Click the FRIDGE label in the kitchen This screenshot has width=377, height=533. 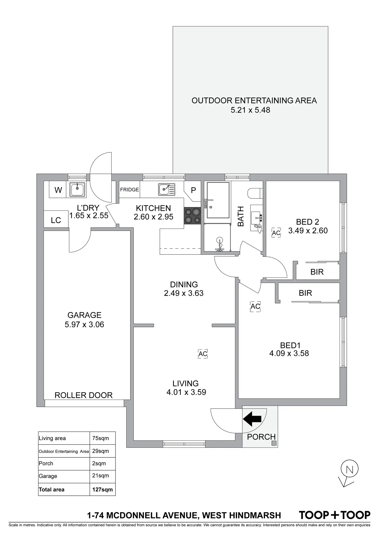coord(130,190)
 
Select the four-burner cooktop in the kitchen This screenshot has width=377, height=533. coord(193,216)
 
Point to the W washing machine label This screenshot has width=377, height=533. coord(58,190)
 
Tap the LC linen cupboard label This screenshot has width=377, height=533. coord(56,220)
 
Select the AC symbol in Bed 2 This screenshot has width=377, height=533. coord(276,233)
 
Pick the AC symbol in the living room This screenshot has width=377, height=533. coord(203,354)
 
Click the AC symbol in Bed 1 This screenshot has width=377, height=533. coord(255,306)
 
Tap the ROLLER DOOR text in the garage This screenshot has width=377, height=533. coord(83,395)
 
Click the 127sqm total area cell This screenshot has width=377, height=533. coord(102,489)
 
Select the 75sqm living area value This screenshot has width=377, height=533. coord(100,438)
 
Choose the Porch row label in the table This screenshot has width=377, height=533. coord(46,463)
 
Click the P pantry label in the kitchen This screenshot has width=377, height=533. coord(193,190)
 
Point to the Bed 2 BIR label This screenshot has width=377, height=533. coord(317,272)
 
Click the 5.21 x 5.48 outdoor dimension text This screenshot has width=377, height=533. coord(250,110)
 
